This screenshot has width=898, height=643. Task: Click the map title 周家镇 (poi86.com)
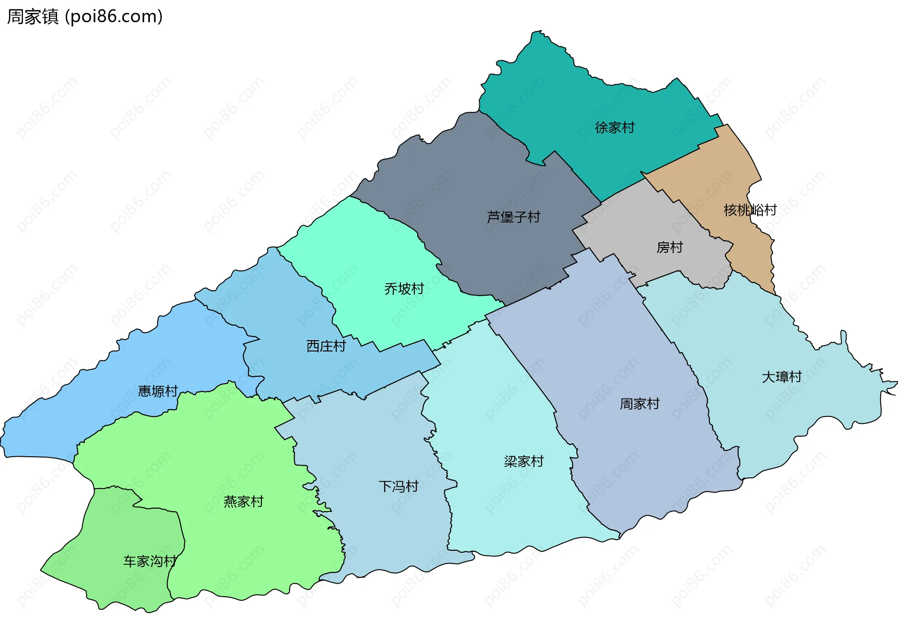coord(85,16)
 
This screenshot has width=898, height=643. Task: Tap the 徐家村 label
coord(615,127)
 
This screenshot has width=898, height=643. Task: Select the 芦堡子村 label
coord(513,217)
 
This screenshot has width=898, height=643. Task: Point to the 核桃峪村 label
coord(750,210)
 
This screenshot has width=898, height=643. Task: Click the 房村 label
coord(669,247)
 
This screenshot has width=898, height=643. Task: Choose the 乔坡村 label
coord(404,288)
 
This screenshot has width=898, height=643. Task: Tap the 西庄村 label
coord(326,346)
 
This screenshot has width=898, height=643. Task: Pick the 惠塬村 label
coord(158,391)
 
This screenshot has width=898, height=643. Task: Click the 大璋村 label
coord(782,376)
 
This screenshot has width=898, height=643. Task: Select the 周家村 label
coord(639,403)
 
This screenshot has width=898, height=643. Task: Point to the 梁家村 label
coord(523,461)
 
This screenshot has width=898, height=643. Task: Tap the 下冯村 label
coord(398,486)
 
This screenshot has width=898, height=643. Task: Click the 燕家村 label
coord(243,501)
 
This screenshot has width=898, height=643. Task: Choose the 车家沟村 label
coord(150,561)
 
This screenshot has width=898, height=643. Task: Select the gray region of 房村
coord(645,220)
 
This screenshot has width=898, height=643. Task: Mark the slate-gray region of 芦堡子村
coord(468,178)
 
